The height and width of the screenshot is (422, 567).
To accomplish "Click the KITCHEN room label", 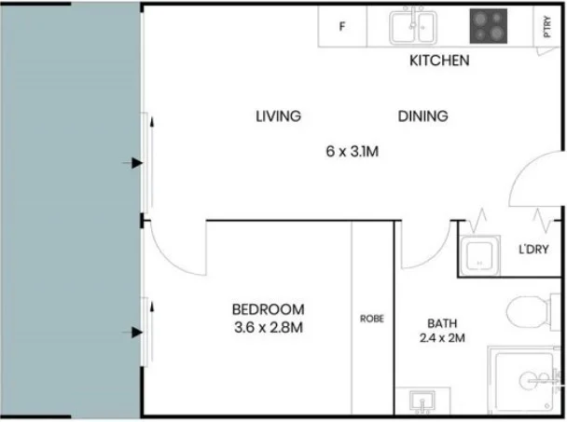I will tap(439, 61).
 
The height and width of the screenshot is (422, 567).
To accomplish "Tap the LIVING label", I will tap(278, 116).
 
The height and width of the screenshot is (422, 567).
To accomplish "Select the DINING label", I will tap(422, 116).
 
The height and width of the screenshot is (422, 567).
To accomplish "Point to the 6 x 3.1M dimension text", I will tap(351, 149).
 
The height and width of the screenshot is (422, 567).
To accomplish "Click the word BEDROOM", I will tap(268, 309).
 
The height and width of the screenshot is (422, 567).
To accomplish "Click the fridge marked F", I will tap(342, 27).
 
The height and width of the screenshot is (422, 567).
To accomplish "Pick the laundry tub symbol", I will tap(479, 255).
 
